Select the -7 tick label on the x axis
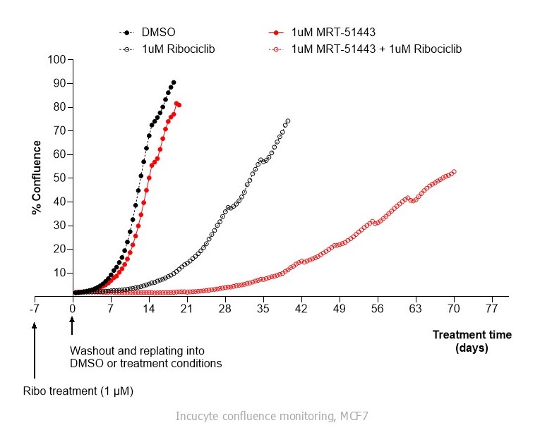[x=34, y=309]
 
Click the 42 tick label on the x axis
[x=301, y=309]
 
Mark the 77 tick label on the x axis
[x=492, y=309]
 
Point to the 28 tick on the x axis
[x=225, y=309]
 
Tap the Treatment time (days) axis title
[x=472, y=341]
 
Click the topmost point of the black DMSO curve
[x=174, y=82]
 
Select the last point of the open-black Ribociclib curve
[x=288, y=121]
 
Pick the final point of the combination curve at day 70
[x=454, y=171]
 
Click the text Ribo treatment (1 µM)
[x=78, y=390]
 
